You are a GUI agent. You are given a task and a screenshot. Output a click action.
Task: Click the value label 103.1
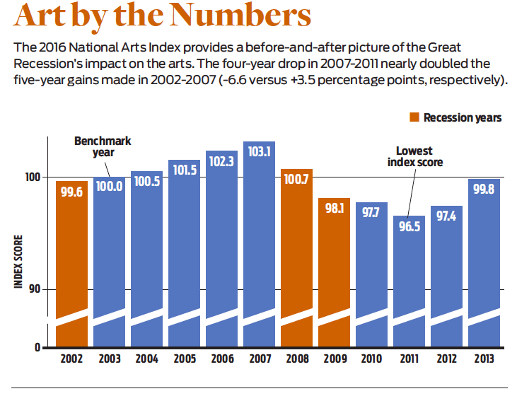259,151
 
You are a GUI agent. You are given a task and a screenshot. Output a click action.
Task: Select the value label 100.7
296,179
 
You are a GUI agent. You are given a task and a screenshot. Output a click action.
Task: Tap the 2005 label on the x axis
184,359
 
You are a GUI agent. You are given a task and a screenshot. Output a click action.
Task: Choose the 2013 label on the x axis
484,359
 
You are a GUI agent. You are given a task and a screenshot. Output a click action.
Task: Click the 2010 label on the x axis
371,359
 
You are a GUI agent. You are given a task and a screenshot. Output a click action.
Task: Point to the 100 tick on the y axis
35,177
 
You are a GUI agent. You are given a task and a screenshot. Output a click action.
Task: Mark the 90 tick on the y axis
37,289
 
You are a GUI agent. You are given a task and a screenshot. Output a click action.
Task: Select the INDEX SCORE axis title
18,261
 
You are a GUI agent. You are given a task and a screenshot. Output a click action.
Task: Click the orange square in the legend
414,117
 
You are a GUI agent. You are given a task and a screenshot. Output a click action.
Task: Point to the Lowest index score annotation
415,156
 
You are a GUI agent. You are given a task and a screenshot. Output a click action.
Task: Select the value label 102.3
221,161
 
